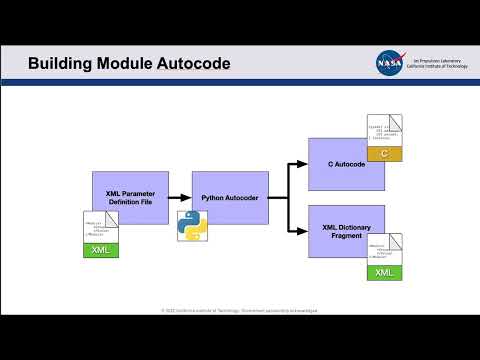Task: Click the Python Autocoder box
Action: (230, 198)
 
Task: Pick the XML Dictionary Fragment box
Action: (345, 231)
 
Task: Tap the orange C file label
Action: (383, 153)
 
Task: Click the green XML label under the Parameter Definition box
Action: (101, 250)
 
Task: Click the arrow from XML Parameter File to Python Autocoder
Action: (180, 197)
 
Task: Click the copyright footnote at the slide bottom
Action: (240, 311)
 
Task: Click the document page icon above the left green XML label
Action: (100, 226)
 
